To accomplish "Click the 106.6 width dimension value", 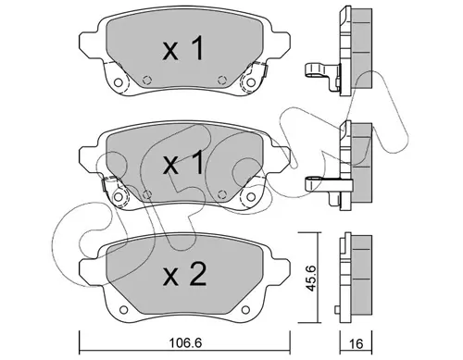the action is click(x=185, y=342).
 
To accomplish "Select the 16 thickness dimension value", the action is click(x=357, y=343).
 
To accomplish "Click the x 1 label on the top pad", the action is click(x=183, y=49).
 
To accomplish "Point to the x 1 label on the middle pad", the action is click(x=183, y=162).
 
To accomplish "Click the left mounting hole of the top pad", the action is click(x=118, y=82).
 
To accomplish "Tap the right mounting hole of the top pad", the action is click(x=251, y=82).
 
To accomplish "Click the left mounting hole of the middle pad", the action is click(x=118, y=196).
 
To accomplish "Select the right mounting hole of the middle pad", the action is click(x=251, y=196).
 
